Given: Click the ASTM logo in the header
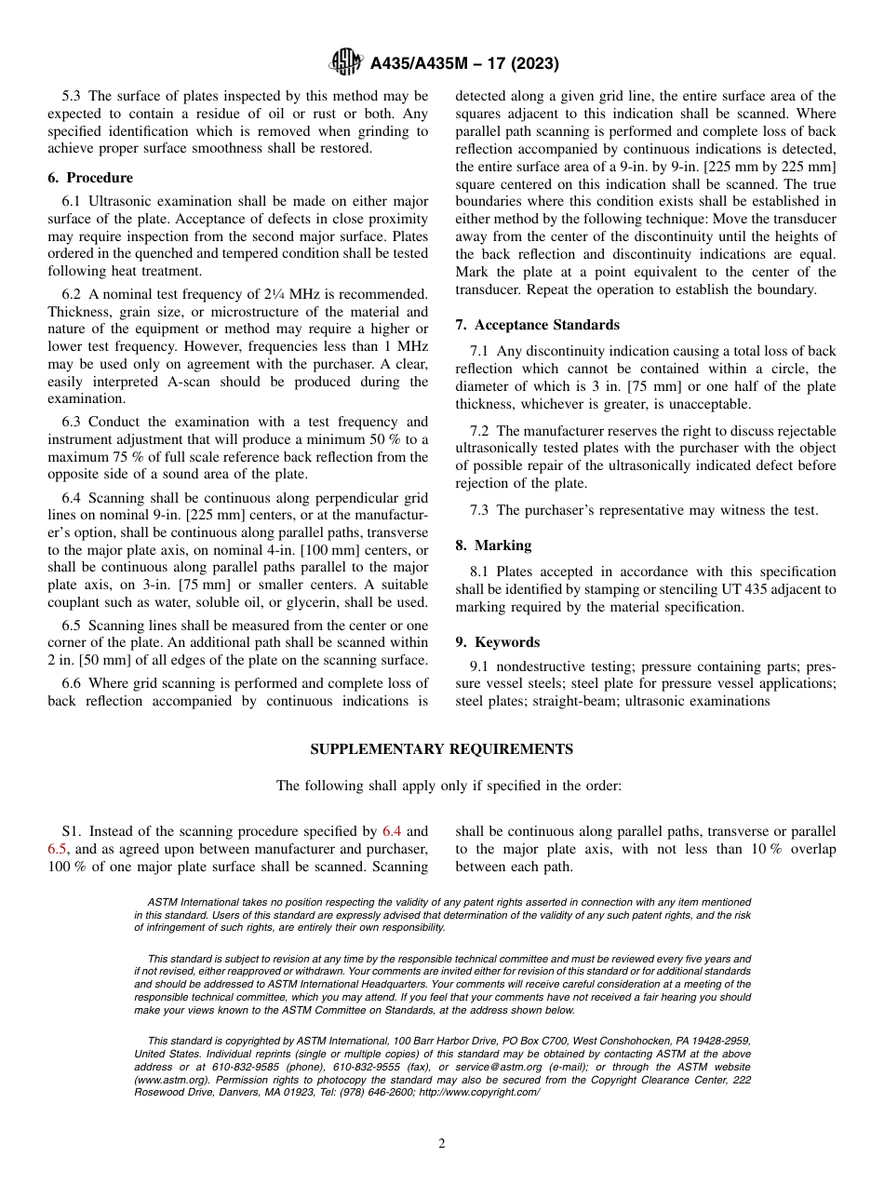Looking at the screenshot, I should (x=346, y=63).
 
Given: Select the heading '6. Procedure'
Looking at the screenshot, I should (x=90, y=178).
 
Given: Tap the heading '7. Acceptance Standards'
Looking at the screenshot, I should (x=537, y=325).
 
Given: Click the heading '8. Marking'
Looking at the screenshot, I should (x=493, y=545).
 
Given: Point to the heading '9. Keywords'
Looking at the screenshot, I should (x=497, y=642).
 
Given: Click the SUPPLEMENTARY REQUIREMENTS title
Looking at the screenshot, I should (x=441, y=749).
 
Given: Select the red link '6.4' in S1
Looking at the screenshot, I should (x=393, y=831).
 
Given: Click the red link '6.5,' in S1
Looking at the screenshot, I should (x=58, y=849).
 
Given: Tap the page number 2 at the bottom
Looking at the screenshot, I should (x=442, y=1144).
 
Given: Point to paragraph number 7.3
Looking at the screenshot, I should (x=482, y=510).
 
